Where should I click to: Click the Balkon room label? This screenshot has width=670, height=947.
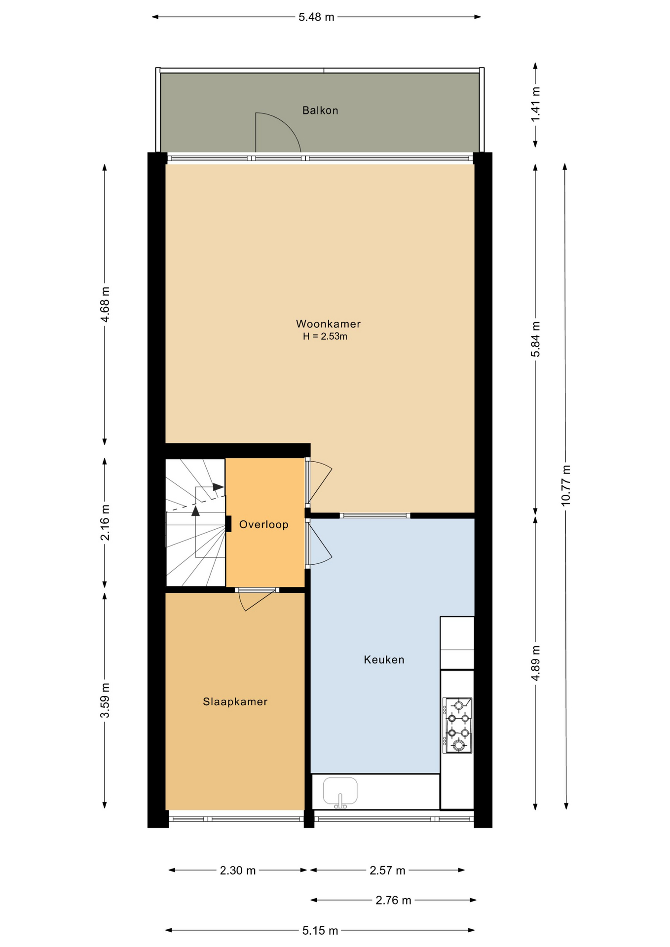point(320,110)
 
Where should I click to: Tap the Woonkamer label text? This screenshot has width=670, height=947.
point(328,324)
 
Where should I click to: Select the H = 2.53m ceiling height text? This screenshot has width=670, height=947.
point(325,337)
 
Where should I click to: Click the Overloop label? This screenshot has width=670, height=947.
point(263,525)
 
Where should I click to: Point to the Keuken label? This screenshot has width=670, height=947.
point(384,660)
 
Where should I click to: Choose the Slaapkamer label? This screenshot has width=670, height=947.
point(235,702)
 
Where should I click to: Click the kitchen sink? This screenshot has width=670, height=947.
point(340,792)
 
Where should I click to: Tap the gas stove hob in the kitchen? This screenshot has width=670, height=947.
point(457,725)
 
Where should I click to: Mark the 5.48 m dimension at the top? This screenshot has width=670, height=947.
point(316,18)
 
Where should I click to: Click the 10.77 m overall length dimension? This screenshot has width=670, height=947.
point(565,485)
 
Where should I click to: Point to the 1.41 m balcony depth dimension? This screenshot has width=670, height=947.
point(535,104)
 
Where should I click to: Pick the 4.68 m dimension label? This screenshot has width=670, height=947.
point(105,304)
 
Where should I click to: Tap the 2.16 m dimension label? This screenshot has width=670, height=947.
point(105,522)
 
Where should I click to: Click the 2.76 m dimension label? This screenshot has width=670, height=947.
point(393,901)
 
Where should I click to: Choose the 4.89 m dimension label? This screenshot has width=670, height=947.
point(535,662)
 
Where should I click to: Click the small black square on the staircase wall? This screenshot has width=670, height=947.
point(228,523)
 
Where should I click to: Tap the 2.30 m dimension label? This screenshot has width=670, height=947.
point(238,871)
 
